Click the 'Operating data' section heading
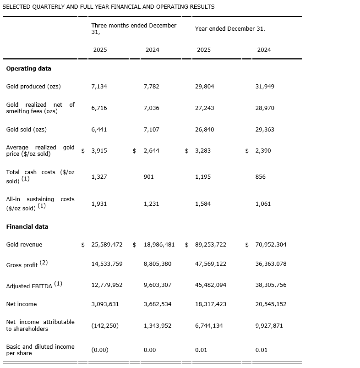(28, 69)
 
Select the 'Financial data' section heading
(27, 227)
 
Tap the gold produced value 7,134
(99, 87)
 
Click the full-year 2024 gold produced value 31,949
(265, 87)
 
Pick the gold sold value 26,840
(204, 130)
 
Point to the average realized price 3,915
(99, 151)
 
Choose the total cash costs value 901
(149, 177)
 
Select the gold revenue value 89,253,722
(211, 245)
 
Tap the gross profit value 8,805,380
(158, 264)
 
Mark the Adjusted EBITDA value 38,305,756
(271, 285)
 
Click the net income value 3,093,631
(107, 304)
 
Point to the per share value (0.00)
(100, 350)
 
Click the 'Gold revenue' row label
(24, 245)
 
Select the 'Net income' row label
(22, 304)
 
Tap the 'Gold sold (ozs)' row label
(26, 130)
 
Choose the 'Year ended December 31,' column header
(230, 29)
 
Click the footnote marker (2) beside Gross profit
(44, 263)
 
